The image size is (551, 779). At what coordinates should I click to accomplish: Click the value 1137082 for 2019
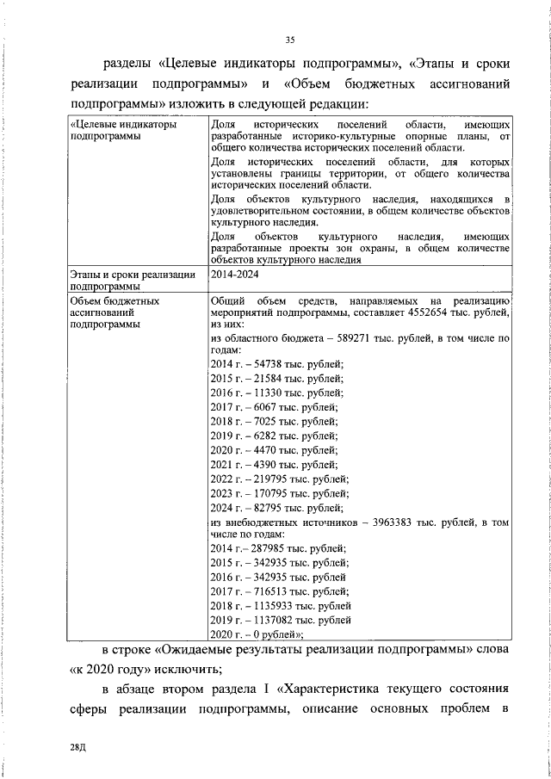[272, 619]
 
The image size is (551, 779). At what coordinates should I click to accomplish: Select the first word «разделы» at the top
[127, 62]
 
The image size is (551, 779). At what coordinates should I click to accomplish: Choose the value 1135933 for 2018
[272, 605]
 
